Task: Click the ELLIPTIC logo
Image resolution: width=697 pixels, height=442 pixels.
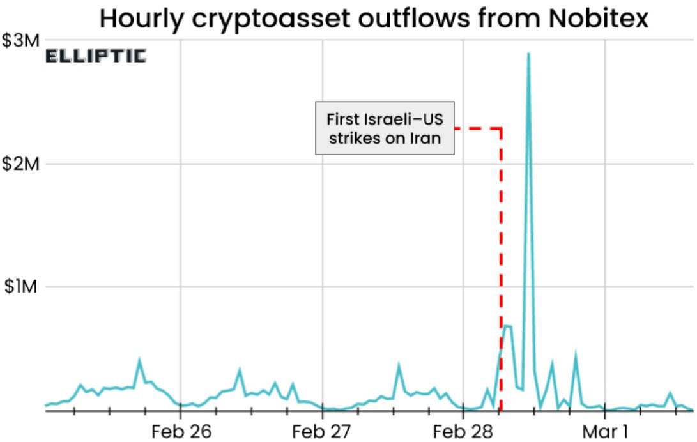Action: pyautogui.click(x=96, y=56)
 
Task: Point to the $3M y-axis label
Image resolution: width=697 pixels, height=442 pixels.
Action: pyautogui.click(x=21, y=41)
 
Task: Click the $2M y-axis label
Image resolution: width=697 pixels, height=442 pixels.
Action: pyautogui.click(x=21, y=164)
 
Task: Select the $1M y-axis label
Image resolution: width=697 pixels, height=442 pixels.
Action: pyautogui.click(x=21, y=287)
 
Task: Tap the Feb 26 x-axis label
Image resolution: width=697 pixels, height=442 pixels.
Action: pyautogui.click(x=181, y=431)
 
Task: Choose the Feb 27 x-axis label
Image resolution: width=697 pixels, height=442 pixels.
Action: pyautogui.click(x=323, y=431)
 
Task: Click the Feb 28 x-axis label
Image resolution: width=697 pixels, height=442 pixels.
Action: pyautogui.click(x=463, y=431)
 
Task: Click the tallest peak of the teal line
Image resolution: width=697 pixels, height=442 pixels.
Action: pyautogui.click(x=528, y=54)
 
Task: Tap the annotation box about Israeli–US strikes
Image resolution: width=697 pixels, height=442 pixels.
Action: pyautogui.click(x=385, y=128)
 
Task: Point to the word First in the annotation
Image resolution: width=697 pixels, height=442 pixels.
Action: pyautogui.click(x=342, y=119)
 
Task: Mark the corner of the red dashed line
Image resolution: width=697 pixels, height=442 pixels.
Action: pyautogui.click(x=501, y=128)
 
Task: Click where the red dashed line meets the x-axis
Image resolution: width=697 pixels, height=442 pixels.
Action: pyautogui.click(x=501, y=411)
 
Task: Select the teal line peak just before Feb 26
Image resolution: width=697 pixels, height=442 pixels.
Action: pyautogui.click(x=139, y=361)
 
